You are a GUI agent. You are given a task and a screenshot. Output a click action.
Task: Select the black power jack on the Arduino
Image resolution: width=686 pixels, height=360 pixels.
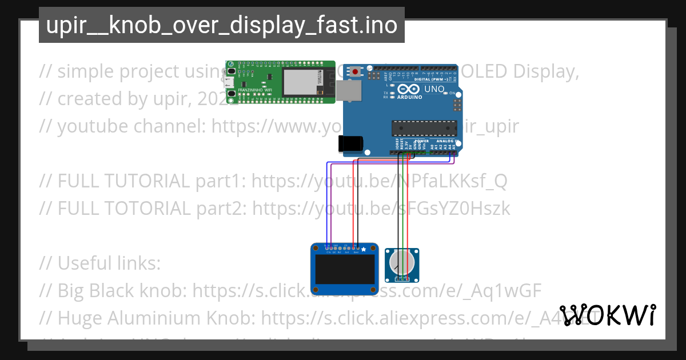coord(350,143)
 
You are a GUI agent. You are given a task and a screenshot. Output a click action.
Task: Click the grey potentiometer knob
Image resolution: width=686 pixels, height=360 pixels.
coord(401,263)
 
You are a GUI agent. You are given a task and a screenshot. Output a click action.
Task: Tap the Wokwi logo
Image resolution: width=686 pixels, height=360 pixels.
coord(608,315)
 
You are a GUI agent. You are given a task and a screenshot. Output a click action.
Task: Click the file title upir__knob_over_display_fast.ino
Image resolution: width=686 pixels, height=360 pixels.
coord(221,26)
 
